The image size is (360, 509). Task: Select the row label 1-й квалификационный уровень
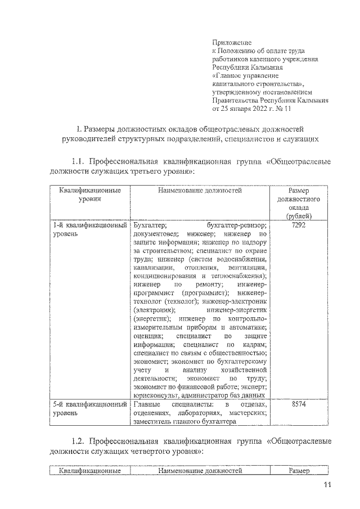click(x=89, y=229)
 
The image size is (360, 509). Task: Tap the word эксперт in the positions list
click(x=254, y=386)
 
